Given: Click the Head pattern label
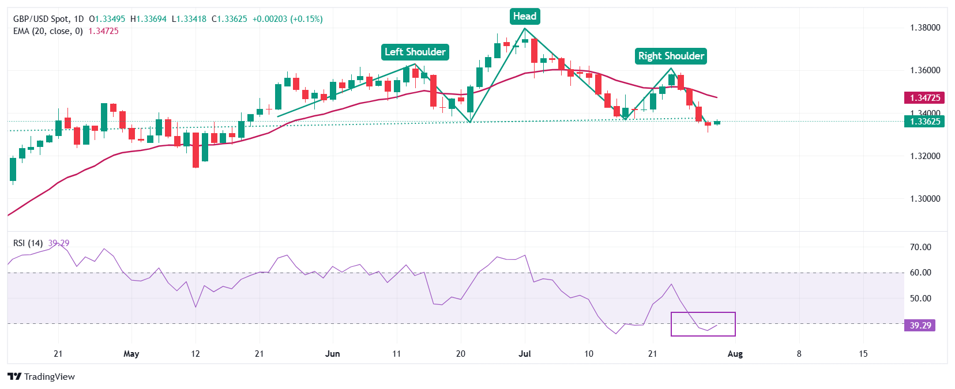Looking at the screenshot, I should coord(525,16).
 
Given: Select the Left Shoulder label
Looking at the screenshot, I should coord(415,52).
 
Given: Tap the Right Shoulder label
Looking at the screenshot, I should coord(671,56).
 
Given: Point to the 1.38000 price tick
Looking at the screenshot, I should coord(925,28).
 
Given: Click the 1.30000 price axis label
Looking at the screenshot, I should coord(925,199).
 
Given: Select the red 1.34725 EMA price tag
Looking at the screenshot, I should coord(924,98).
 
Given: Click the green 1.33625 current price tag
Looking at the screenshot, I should coord(924,122).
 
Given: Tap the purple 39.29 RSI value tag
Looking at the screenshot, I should coord(920,326).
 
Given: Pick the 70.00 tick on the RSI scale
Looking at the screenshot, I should coord(920,247).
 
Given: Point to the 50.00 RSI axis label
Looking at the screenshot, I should coord(920,299).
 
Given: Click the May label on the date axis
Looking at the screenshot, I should coord(131,354).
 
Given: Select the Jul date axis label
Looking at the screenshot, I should coord(525,354).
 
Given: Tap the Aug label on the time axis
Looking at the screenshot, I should coord(735,354).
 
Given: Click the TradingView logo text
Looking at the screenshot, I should coord(42,377).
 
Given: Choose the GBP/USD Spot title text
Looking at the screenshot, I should coord(40,19).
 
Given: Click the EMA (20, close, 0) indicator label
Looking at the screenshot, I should coord(48,31).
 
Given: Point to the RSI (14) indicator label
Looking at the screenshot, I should coord(28,243).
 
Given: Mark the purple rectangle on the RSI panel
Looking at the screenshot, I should coord(703,324).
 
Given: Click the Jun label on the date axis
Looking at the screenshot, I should coord(333,354).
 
